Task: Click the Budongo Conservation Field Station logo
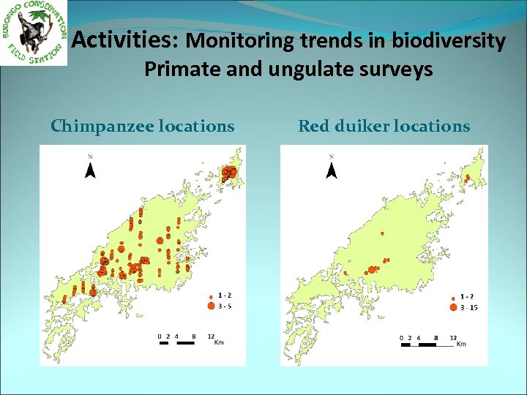[x=34, y=32]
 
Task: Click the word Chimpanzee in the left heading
[x=101, y=127]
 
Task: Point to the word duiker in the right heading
[x=364, y=127]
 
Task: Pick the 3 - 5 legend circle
[x=211, y=306]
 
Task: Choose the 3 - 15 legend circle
[x=452, y=308]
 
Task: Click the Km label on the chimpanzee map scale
[x=218, y=343]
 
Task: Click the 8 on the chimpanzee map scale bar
[x=193, y=336]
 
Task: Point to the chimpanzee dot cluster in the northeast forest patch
[x=230, y=173]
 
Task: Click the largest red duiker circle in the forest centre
[x=371, y=269]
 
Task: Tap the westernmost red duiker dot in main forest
[x=345, y=273]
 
